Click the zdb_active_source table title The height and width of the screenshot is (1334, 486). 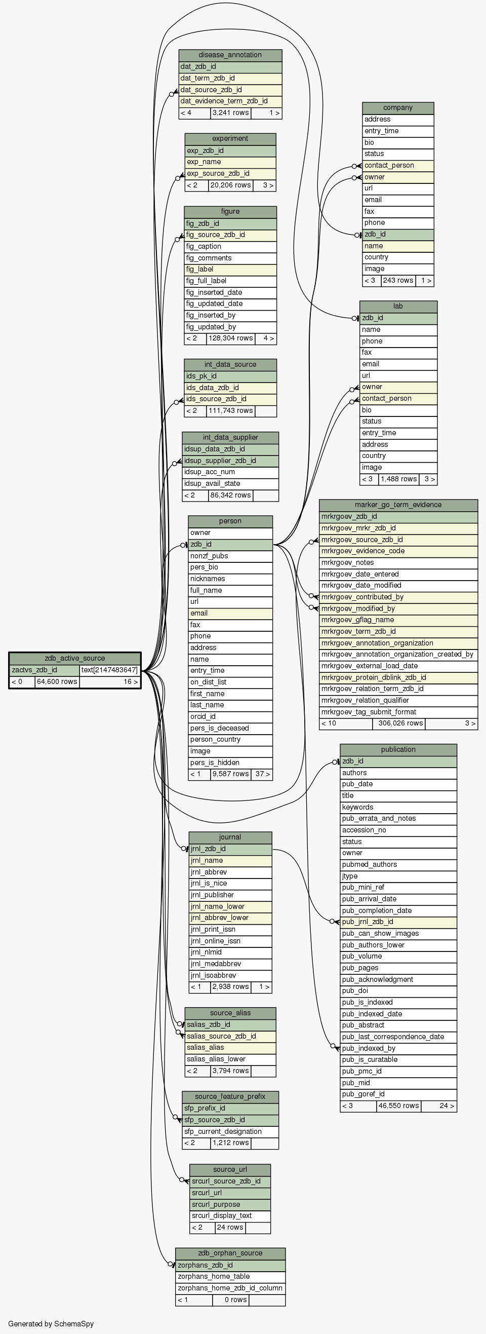coord(74,658)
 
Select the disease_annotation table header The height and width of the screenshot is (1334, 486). coord(230,55)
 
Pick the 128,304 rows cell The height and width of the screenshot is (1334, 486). coord(230,338)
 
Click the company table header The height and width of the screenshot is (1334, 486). coord(398,108)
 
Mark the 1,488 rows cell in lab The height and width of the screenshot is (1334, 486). coord(398,479)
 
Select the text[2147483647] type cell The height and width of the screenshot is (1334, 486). coord(110,670)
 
